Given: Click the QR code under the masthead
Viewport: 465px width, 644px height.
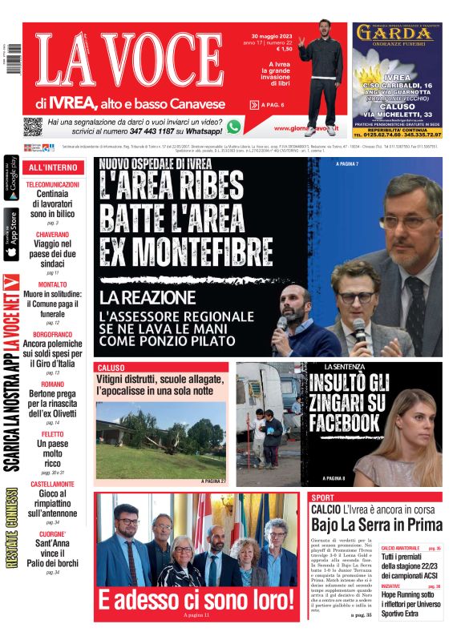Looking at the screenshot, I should pos(32,127).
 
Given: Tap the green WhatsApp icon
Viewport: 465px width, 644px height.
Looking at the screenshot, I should pos(233,127).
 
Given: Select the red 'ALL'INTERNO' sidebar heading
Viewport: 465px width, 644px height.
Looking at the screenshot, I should pos(53,167).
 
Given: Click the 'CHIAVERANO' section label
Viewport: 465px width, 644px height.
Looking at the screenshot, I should pos(52,234).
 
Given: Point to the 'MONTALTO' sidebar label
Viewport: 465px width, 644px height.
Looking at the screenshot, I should pos(52,284).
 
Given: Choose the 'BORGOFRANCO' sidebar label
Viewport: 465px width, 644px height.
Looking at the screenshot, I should pos(52,334).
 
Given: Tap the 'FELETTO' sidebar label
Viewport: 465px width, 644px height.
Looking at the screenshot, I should pos(52,433).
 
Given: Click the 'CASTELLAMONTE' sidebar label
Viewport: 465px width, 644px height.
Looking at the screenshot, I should pos(52,485).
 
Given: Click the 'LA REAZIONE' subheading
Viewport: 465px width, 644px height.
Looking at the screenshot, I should pos(148,299).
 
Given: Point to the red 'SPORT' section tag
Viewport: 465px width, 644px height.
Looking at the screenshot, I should pos(322,497).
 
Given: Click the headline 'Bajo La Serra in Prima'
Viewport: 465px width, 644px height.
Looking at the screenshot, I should pos(376,525).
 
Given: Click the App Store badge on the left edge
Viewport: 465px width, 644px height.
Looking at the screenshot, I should pos(11,235).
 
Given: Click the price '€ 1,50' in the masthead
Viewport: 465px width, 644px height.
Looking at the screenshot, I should pos(283,49).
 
